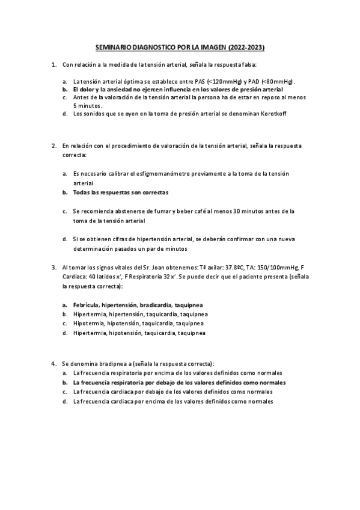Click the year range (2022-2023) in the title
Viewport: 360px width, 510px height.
tap(246, 47)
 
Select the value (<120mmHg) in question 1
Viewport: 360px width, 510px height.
tap(222, 81)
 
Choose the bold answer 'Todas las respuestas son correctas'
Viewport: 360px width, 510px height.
tap(120, 192)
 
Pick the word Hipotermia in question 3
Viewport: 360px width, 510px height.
tap(88, 323)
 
